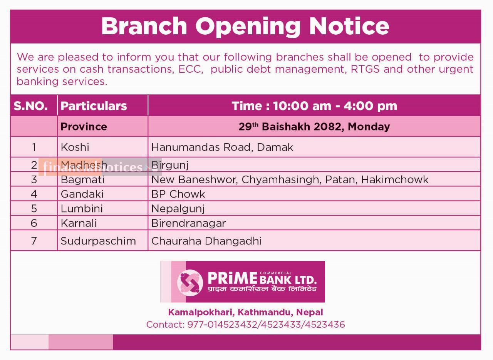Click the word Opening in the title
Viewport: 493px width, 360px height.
pyautogui.click(x=248, y=27)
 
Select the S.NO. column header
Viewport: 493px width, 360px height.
pyautogui.click(x=30, y=106)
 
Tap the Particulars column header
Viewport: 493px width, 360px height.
pyautogui.click(x=94, y=106)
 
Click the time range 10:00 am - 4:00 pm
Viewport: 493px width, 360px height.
pyautogui.click(x=335, y=106)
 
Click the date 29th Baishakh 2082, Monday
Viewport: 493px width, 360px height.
pyautogui.click(x=314, y=127)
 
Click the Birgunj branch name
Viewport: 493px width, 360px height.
pyautogui.click(x=170, y=165)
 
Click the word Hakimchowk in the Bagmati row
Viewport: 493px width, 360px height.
pyautogui.click(x=395, y=179)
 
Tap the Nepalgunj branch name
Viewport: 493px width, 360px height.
pyautogui.click(x=178, y=209)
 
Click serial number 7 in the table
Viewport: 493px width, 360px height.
pyautogui.click(x=34, y=241)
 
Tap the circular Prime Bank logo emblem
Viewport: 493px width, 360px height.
pyautogui.click(x=190, y=283)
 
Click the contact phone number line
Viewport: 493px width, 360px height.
pyautogui.click(x=246, y=325)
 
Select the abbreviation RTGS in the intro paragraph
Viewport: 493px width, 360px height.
pyautogui.click(x=365, y=69)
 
